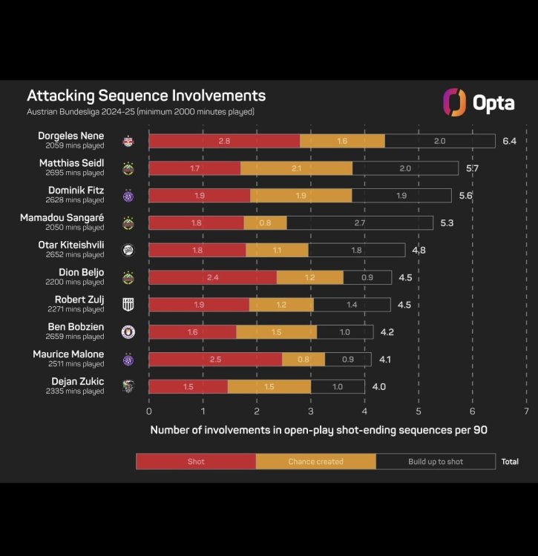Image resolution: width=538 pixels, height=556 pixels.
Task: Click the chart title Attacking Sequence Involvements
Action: click(x=146, y=96)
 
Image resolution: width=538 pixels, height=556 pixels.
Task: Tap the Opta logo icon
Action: click(x=454, y=102)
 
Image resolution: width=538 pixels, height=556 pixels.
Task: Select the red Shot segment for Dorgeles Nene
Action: click(x=224, y=141)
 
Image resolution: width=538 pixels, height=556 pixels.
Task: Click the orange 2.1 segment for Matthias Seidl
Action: click(x=297, y=168)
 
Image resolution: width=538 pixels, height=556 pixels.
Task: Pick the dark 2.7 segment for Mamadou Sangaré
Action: click(x=360, y=222)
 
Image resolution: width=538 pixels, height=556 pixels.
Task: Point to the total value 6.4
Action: click(x=509, y=141)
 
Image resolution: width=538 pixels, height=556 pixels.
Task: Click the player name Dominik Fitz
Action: click(x=76, y=191)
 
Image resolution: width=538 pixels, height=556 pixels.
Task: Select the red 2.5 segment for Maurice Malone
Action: click(x=215, y=360)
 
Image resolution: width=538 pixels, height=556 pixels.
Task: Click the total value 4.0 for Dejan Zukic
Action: click(x=378, y=387)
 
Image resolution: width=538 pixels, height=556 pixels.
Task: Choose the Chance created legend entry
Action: click(x=316, y=461)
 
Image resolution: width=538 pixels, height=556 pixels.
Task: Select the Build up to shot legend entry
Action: click(x=436, y=461)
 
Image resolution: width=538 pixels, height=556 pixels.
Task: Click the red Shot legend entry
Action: click(x=196, y=461)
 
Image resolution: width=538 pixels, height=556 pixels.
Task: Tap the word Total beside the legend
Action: click(x=510, y=461)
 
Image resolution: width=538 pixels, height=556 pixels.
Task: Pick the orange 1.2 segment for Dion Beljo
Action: click(x=310, y=277)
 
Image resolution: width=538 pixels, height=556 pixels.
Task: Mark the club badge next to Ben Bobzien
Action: click(x=128, y=332)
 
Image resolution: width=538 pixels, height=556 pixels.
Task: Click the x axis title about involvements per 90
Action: click(x=319, y=430)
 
